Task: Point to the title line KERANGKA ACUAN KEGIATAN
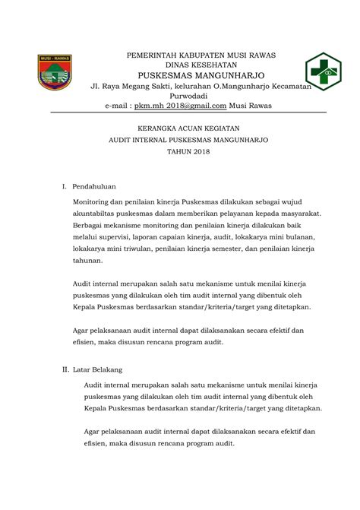tap(180, 129)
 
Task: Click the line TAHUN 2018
tap(180, 152)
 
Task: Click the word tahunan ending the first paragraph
tap(87, 260)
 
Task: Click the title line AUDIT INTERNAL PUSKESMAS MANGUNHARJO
tap(180, 141)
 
